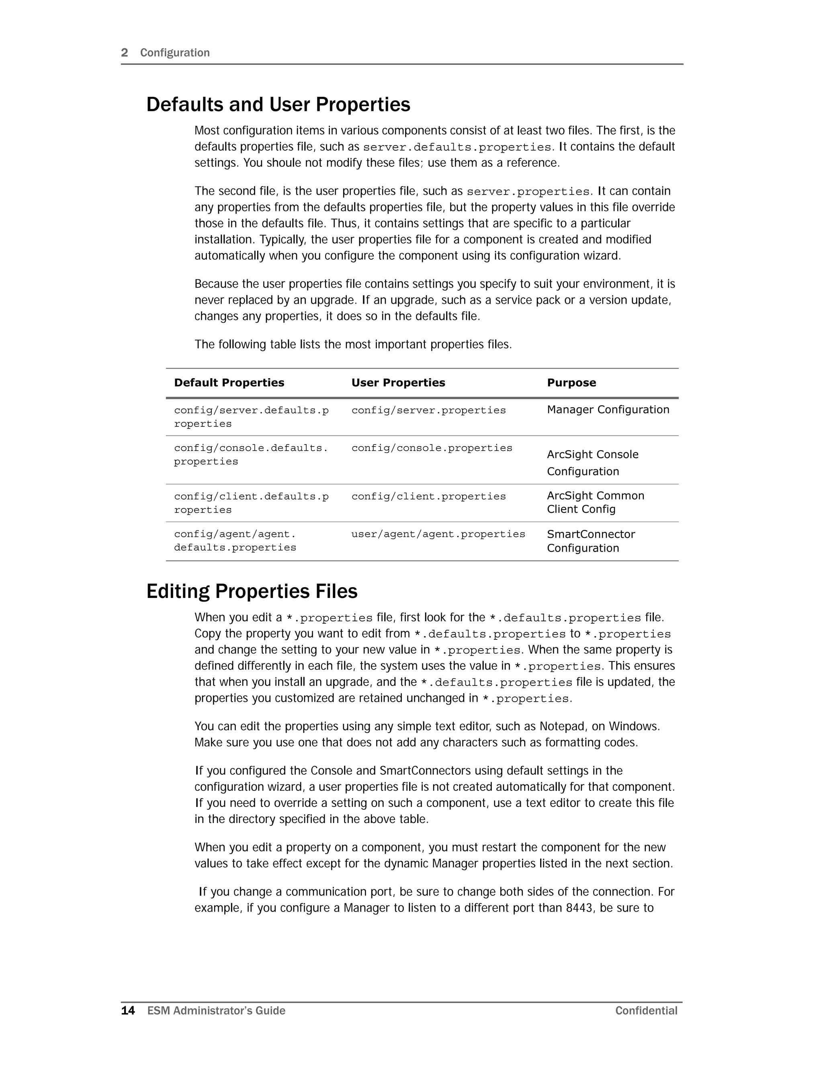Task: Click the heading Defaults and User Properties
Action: (x=278, y=105)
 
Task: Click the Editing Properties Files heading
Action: (x=252, y=592)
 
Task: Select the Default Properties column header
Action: (x=229, y=383)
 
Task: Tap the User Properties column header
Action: (x=398, y=383)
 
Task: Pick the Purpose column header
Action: (x=571, y=383)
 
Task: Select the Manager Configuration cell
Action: (x=608, y=410)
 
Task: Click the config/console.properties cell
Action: (x=432, y=448)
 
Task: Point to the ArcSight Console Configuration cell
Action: (x=592, y=463)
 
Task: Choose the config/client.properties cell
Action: (x=428, y=496)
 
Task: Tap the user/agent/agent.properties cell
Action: (x=438, y=535)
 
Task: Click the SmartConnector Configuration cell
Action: (x=590, y=541)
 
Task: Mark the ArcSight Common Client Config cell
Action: (x=595, y=502)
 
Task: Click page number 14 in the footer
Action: (x=128, y=1011)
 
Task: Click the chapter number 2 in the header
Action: (x=124, y=53)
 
